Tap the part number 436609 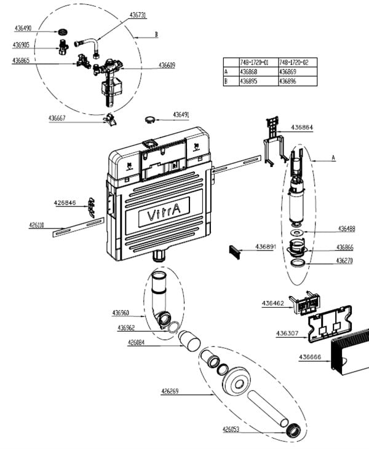click(167, 64)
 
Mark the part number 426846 click(65, 202)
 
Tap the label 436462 click(273, 303)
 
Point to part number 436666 click(311, 357)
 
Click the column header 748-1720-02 click(295, 63)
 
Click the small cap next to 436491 click(151, 117)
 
